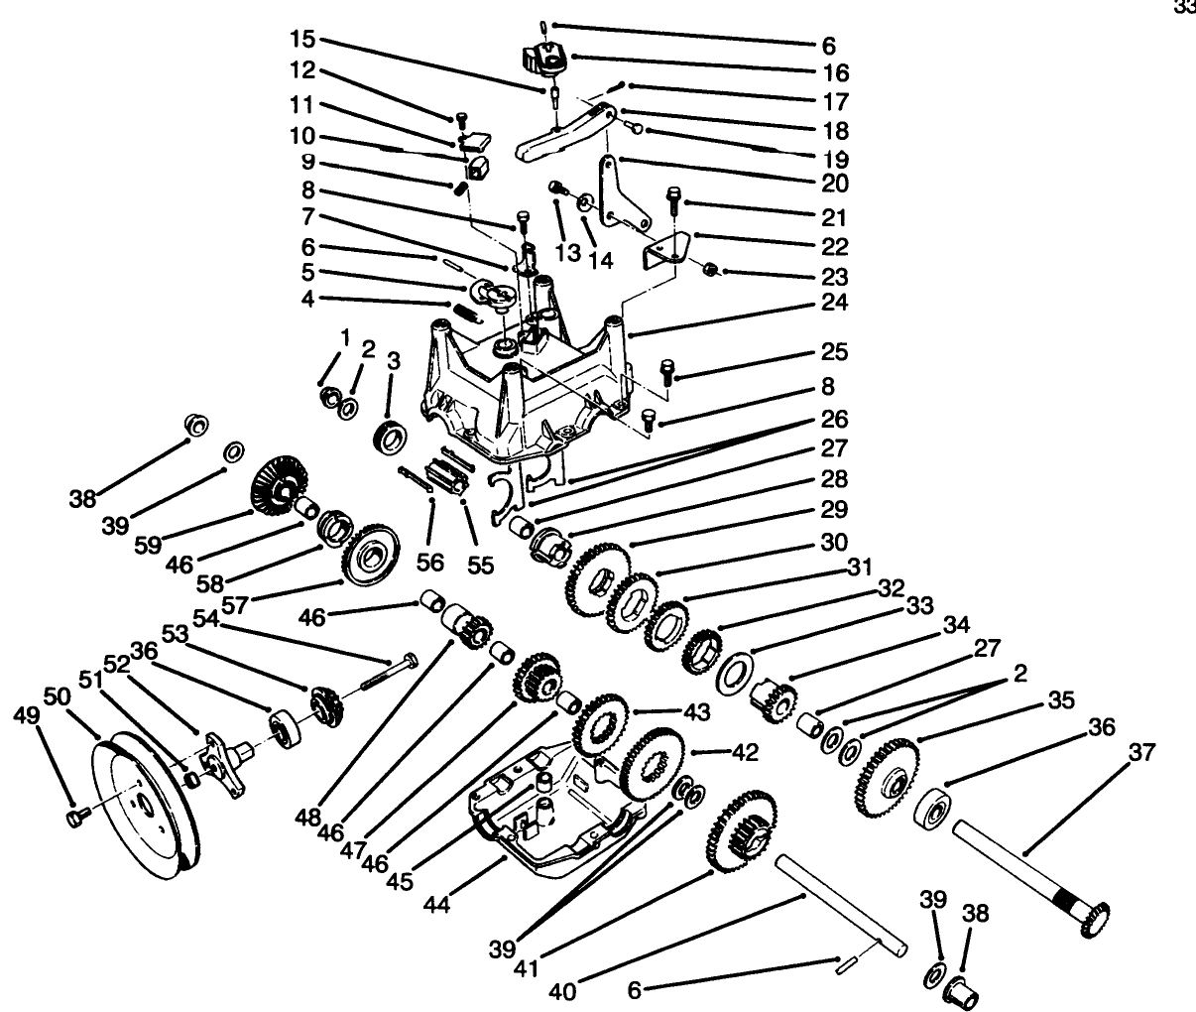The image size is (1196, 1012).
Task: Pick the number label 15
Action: [301, 41]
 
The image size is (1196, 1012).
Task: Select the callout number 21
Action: [835, 216]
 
